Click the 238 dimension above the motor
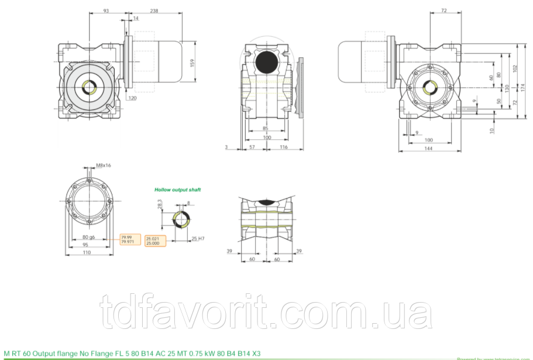point(154,11)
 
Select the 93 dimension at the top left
point(106,11)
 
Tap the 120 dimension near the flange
point(132,98)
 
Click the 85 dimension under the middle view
point(265,128)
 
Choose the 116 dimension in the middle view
point(283,147)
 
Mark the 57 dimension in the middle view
point(253,147)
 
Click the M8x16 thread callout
point(104,166)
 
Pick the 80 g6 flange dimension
point(88,236)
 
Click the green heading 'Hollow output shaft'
point(177,190)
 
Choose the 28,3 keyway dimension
point(159,204)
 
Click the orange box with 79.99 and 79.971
point(130,239)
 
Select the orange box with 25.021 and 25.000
point(156,241)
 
